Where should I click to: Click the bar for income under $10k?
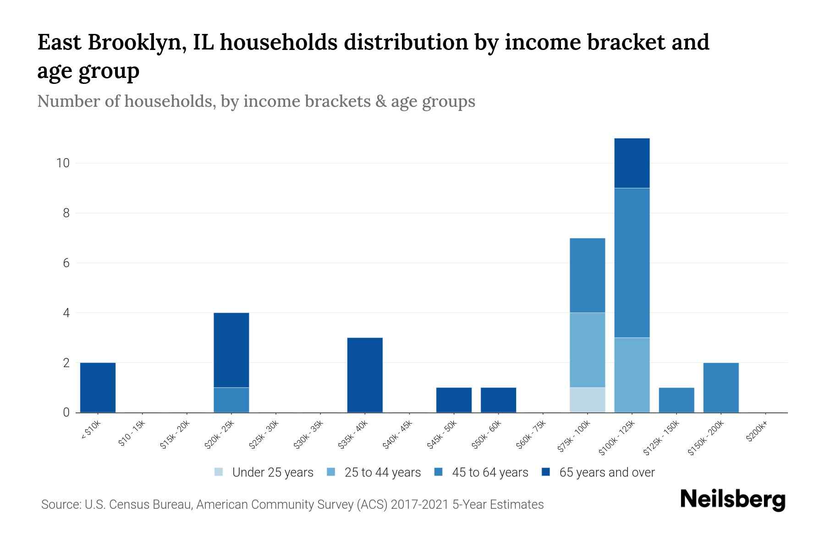point(98,387)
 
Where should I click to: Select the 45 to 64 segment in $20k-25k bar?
point(231,400)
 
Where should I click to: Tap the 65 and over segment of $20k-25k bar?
point(231,350)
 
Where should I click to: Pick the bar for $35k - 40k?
point(365,375)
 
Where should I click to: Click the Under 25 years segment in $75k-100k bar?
point(587,400)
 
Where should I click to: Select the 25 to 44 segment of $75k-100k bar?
point(587,350)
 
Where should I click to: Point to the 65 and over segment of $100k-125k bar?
point(632,163)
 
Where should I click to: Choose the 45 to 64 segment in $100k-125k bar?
point(632,263)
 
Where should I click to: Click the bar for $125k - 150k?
point(676,400)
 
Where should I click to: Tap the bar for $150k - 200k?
point(720,387)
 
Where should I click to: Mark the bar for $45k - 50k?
point(454,400)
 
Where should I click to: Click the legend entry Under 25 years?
point(272,472)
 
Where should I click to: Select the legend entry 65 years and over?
point(606,472)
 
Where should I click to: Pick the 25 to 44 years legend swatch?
point(331,472)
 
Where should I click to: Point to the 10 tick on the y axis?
point(63,163)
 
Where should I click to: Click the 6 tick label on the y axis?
point(66,263)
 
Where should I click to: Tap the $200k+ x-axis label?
point(757,433)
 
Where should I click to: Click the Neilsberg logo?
point(733,499)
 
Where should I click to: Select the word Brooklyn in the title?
point(137,43)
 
